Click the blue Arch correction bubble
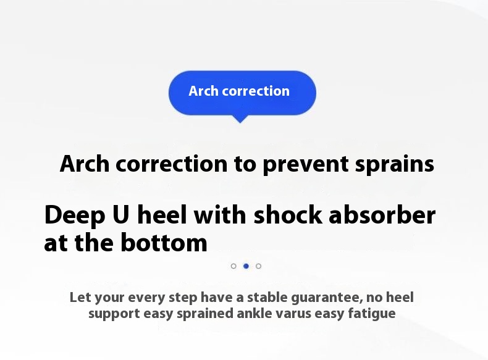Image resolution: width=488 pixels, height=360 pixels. tap(242, 93)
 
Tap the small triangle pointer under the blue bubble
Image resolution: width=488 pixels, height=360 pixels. tap(240, 119)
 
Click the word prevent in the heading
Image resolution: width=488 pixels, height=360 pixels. tap(306, 165)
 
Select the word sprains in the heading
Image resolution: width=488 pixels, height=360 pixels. tap(395, 165)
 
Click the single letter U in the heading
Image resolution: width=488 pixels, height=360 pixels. tap(120, 215)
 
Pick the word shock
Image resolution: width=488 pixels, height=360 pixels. tap(288, 215)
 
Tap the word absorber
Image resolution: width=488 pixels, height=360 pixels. tap(382, 215)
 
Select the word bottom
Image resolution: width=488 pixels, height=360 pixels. tap(164, 242)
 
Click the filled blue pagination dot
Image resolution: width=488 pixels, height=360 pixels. tap(246, 266)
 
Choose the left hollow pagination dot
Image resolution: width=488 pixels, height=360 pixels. tap(233, 266)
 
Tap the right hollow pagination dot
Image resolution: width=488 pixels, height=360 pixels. tap(258, 266)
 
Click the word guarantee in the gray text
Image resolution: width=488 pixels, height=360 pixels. tap(327, 298)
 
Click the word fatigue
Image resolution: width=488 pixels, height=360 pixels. tap(372, 314)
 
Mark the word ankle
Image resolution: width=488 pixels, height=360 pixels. tap(255, 313)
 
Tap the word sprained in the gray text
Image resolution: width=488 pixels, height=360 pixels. tap(205, 314)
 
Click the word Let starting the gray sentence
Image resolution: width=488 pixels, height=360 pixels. tap(80, 297)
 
